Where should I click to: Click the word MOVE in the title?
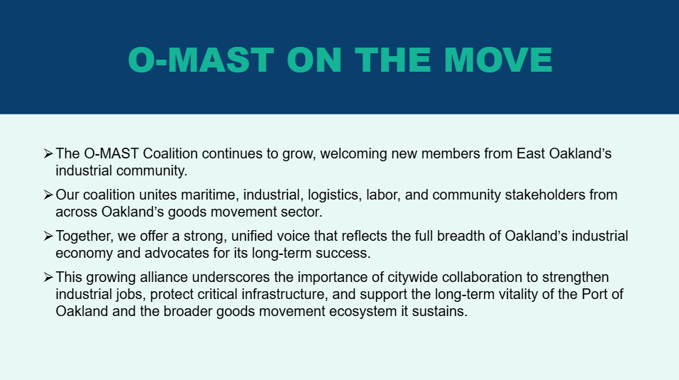[498, 60]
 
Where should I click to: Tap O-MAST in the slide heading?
[201, 60]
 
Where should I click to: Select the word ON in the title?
[314, 60]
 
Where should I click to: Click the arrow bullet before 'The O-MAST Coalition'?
[48, 153]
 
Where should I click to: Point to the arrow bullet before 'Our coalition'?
[48, 195]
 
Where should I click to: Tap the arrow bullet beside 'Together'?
[48, 236]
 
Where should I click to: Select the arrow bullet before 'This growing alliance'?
[48, 277]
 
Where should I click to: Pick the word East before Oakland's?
[531, 153]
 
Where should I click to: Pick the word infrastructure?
[283, 294]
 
